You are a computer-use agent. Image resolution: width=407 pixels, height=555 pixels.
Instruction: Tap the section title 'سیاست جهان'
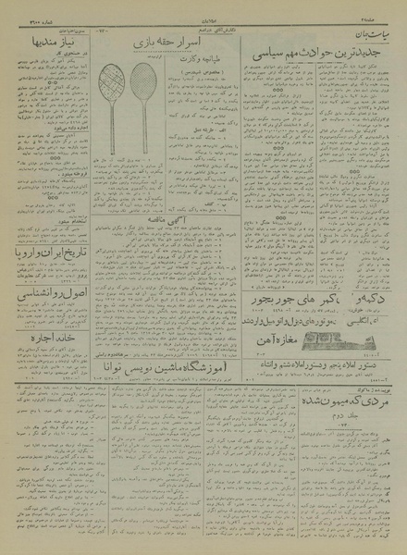click(367, 28)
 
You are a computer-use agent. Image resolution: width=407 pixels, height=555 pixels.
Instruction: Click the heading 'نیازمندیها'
click(49, 43)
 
